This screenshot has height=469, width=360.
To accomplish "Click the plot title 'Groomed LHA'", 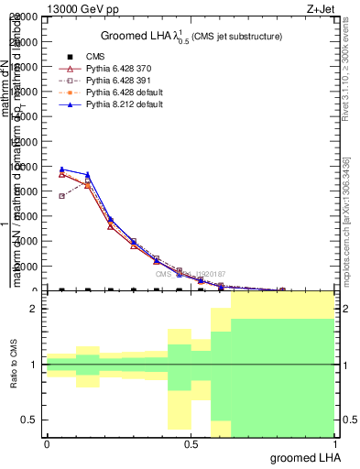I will coord(138,36).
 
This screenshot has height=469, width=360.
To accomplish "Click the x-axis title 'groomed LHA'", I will coord(297,456).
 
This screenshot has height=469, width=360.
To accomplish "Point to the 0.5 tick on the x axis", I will coord(191,442).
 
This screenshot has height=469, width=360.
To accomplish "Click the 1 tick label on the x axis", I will coord(333,442).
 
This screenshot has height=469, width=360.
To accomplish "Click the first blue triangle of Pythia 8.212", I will coord(61,169).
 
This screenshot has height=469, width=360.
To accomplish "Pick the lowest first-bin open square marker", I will coord(61,195).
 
